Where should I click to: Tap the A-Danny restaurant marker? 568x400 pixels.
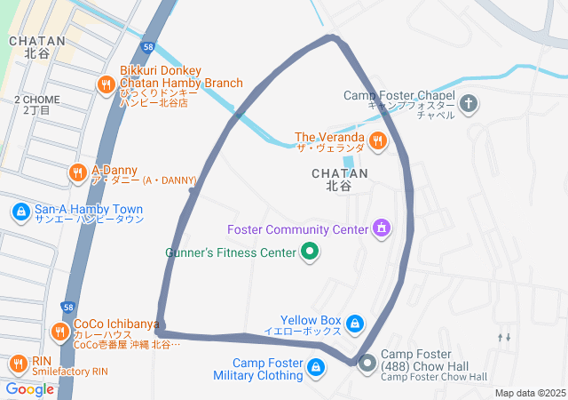point(78,172)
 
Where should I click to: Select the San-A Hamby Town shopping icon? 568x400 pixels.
point(20,212)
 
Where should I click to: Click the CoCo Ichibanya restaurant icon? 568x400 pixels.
point(59,331)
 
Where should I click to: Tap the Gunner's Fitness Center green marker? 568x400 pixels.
point(310,253)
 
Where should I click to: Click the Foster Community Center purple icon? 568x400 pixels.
point(382,229)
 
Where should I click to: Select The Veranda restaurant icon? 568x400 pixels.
point(378,140)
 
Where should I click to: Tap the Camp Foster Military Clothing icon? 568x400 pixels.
point(316,366)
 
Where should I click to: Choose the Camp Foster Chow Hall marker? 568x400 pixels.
point(367,363)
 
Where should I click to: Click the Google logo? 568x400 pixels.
point(29,388)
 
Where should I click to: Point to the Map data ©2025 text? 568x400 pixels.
point(529,393)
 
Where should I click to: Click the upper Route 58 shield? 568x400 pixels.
point(147,47)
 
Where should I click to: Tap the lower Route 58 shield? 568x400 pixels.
point(68,307)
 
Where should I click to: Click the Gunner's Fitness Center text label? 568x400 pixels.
point(231,253)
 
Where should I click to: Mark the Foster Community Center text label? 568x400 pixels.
point(297,230)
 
